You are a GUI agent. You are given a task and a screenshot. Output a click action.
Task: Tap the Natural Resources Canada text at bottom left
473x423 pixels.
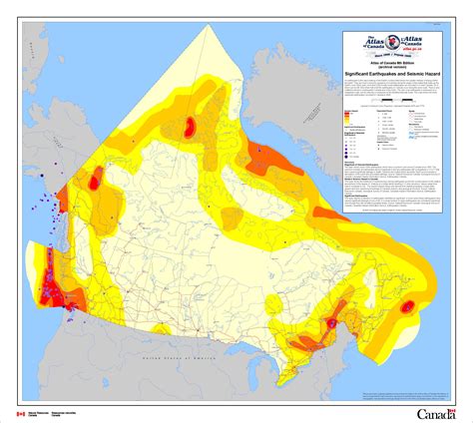pos(41,412)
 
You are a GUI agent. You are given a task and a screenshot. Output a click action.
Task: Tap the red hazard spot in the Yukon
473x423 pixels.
pos(96,182)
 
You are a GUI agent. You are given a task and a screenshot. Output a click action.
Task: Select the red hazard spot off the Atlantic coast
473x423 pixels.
pos(407,309)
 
